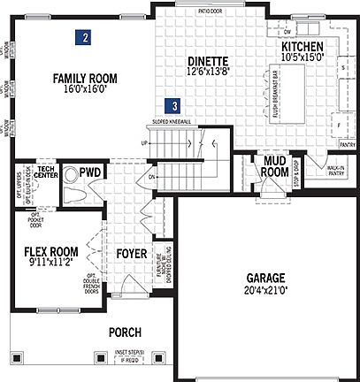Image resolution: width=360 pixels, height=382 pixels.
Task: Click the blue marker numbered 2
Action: click(x=82, y=38)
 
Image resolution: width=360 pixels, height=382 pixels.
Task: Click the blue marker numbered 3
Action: click(x=176, y=103)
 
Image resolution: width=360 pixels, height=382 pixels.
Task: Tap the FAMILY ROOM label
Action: click(x=85, y=77)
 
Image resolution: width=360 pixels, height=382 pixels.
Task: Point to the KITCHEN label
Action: click(x=303, y=47)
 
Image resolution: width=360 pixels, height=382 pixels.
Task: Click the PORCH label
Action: click(x=126, y=332)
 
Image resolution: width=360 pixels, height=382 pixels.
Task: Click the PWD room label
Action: click(x=88, y=172)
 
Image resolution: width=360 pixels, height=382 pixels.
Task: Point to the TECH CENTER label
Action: click(x=47, y=170)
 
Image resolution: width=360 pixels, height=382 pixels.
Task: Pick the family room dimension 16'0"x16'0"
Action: click(x=85, y=88)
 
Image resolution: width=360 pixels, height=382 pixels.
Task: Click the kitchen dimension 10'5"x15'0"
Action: click(x=303, y=57)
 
